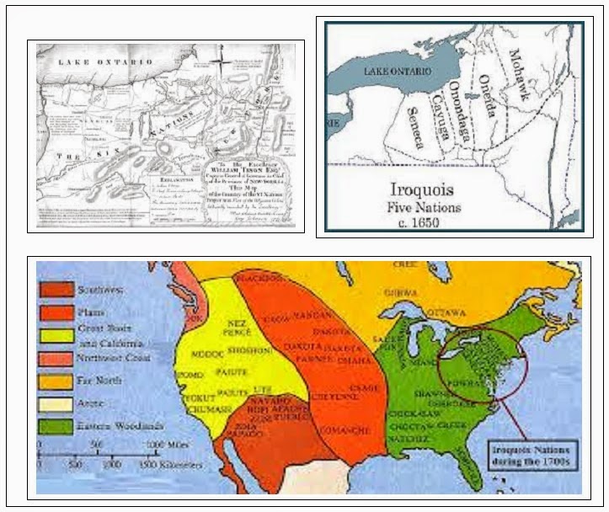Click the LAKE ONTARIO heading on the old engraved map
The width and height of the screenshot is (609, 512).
(x=104, y=62)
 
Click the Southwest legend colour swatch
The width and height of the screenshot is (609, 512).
(x=55, y=291)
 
